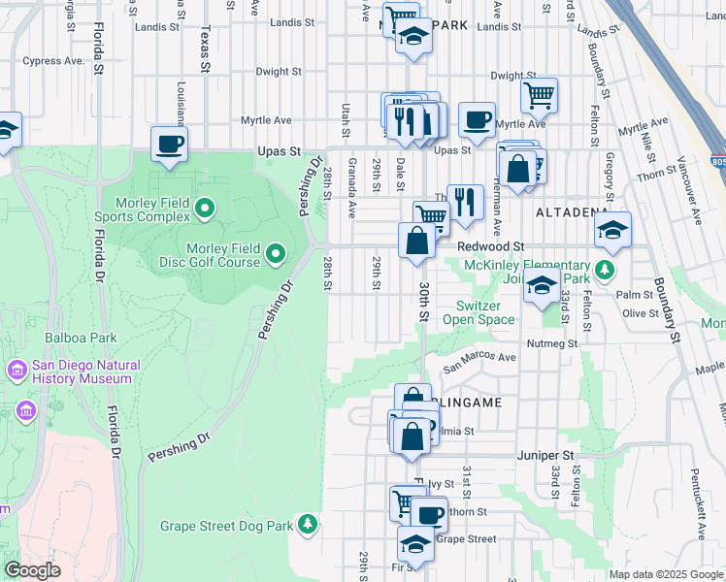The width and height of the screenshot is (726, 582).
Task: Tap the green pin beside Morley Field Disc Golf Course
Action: click(277, 255)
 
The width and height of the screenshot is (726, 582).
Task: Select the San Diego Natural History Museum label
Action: click(85, 372)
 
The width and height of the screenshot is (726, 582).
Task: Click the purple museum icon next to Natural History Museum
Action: click(16, 371)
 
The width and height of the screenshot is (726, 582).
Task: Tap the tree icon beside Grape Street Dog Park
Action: click(308, 525)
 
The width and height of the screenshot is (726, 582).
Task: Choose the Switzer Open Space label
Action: click(478, 311)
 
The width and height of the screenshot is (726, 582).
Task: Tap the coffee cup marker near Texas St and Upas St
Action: click(170, 145)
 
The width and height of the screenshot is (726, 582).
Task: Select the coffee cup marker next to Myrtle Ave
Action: click(476, 121)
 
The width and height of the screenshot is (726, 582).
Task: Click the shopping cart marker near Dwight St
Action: click(538, 95)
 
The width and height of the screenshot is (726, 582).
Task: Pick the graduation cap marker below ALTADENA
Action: click(612, 232)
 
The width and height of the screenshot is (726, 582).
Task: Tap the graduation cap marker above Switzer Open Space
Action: click(542, 286)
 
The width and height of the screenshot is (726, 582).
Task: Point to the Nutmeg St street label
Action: click(552, 342)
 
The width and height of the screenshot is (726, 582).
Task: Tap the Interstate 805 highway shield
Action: click(716, 159)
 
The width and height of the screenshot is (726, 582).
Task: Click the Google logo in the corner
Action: click(33, 570)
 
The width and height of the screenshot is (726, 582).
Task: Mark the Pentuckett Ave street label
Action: click(698, 503)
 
